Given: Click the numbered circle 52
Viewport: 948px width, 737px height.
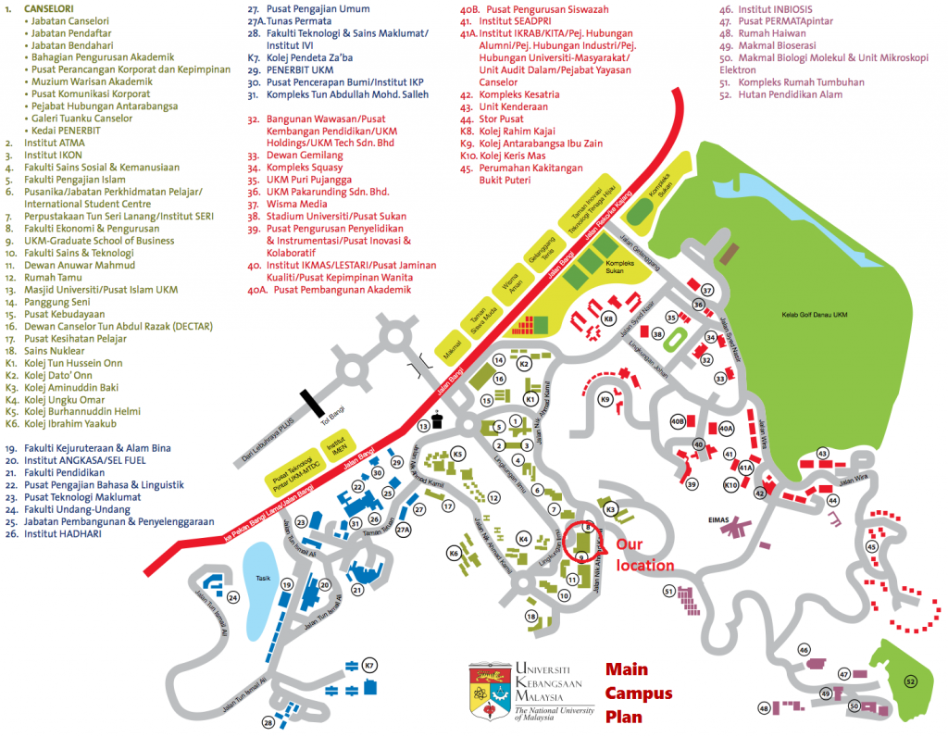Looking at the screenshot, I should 911,681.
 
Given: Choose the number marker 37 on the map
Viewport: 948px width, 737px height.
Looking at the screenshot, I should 708,290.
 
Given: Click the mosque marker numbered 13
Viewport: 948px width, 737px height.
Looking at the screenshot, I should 424,426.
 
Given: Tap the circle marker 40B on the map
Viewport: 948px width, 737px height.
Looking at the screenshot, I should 678,422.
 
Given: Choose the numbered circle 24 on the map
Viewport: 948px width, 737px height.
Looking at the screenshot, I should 232,597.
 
